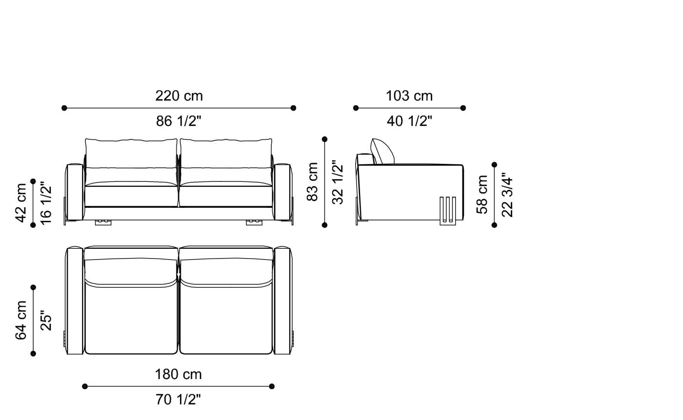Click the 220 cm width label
179,96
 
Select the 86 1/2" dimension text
179,121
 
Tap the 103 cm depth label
409,96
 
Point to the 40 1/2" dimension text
409,121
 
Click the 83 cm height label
312,181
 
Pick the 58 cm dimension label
482,194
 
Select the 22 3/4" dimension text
507,194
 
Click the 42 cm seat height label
21,202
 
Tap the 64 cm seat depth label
21,320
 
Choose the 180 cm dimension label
178,375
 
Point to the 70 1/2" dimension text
178,400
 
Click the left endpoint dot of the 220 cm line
64,108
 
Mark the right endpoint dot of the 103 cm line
463,108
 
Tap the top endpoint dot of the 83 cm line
324,139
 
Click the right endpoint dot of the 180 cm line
272,386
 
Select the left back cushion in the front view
131,154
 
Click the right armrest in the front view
282,192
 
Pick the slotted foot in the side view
448,211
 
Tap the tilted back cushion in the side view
382,151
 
